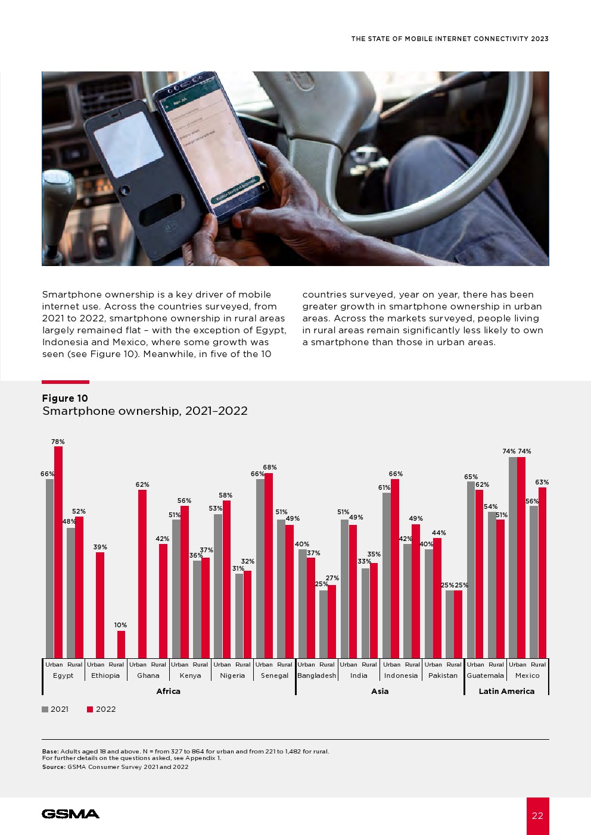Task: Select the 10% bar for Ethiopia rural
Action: (x=121, y=644)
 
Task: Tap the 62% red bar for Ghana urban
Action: (x=142, y=574)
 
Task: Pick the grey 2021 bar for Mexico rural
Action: (x=534, y=581)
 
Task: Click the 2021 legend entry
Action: (x=55, y=709)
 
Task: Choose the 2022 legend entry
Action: (x=101, y=709)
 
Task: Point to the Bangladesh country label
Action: (x=317, y=675)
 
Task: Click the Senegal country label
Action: (x=275, y=675)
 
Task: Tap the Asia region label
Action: (x=380, y=691)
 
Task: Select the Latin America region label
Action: (x=506, y=691)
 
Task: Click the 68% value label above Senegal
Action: (x=270, y=468)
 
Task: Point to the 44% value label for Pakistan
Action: (x=439, y=533)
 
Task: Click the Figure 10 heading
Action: (x=65, y=398)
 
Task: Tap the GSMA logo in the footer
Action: (x=70, y=814)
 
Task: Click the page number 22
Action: (x=537, y=816)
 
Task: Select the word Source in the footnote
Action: (x=53, y=767)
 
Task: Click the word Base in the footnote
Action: (x=50, y=751)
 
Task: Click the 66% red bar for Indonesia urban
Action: (x=395, y=568)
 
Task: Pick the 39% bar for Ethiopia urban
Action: (x=100, y=605)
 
